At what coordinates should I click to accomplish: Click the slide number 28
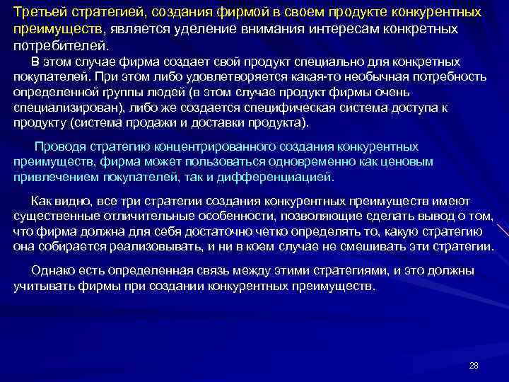coord(474,365)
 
